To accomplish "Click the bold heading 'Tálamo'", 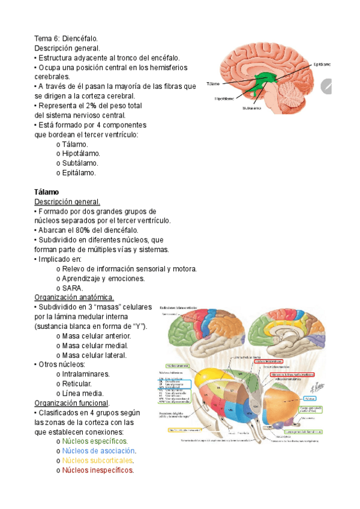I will click(x=46, y=191).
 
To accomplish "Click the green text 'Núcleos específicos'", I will click(x=95, y=441).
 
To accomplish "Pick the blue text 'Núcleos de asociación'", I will click(x=99, y=451).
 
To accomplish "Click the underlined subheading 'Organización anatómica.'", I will click(x=74, y=298).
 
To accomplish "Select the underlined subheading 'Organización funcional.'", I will click(x=72, y=403).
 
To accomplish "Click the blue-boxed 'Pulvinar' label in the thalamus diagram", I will click(x=311, y=398).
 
